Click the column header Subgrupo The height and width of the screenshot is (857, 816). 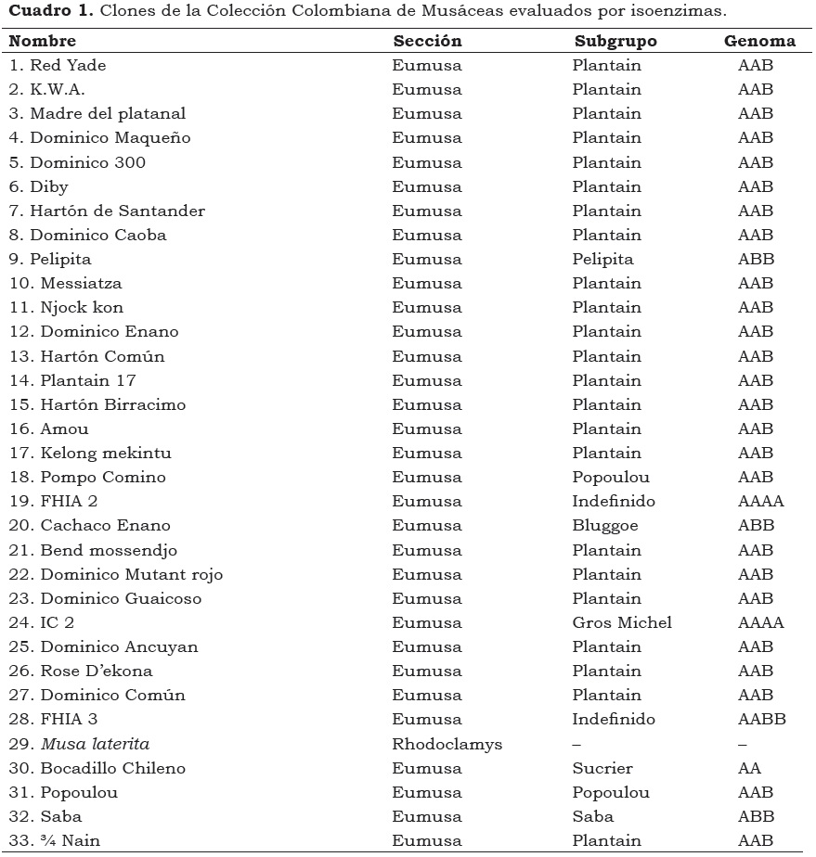coord(615,41)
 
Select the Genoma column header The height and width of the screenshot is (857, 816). coord(759,41)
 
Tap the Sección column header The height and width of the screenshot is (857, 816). coord(427,41)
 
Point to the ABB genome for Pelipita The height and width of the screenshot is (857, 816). coord(756,260)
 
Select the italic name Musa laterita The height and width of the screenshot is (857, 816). coord(95,744)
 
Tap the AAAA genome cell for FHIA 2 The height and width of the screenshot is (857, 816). coord(760,502)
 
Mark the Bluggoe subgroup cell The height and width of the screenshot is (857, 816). coord(605,526)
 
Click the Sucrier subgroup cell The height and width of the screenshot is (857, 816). coord(602,768)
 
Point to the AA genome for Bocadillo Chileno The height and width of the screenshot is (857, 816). coord(749,768)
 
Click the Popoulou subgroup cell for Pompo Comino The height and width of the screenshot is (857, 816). coord(611,478)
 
